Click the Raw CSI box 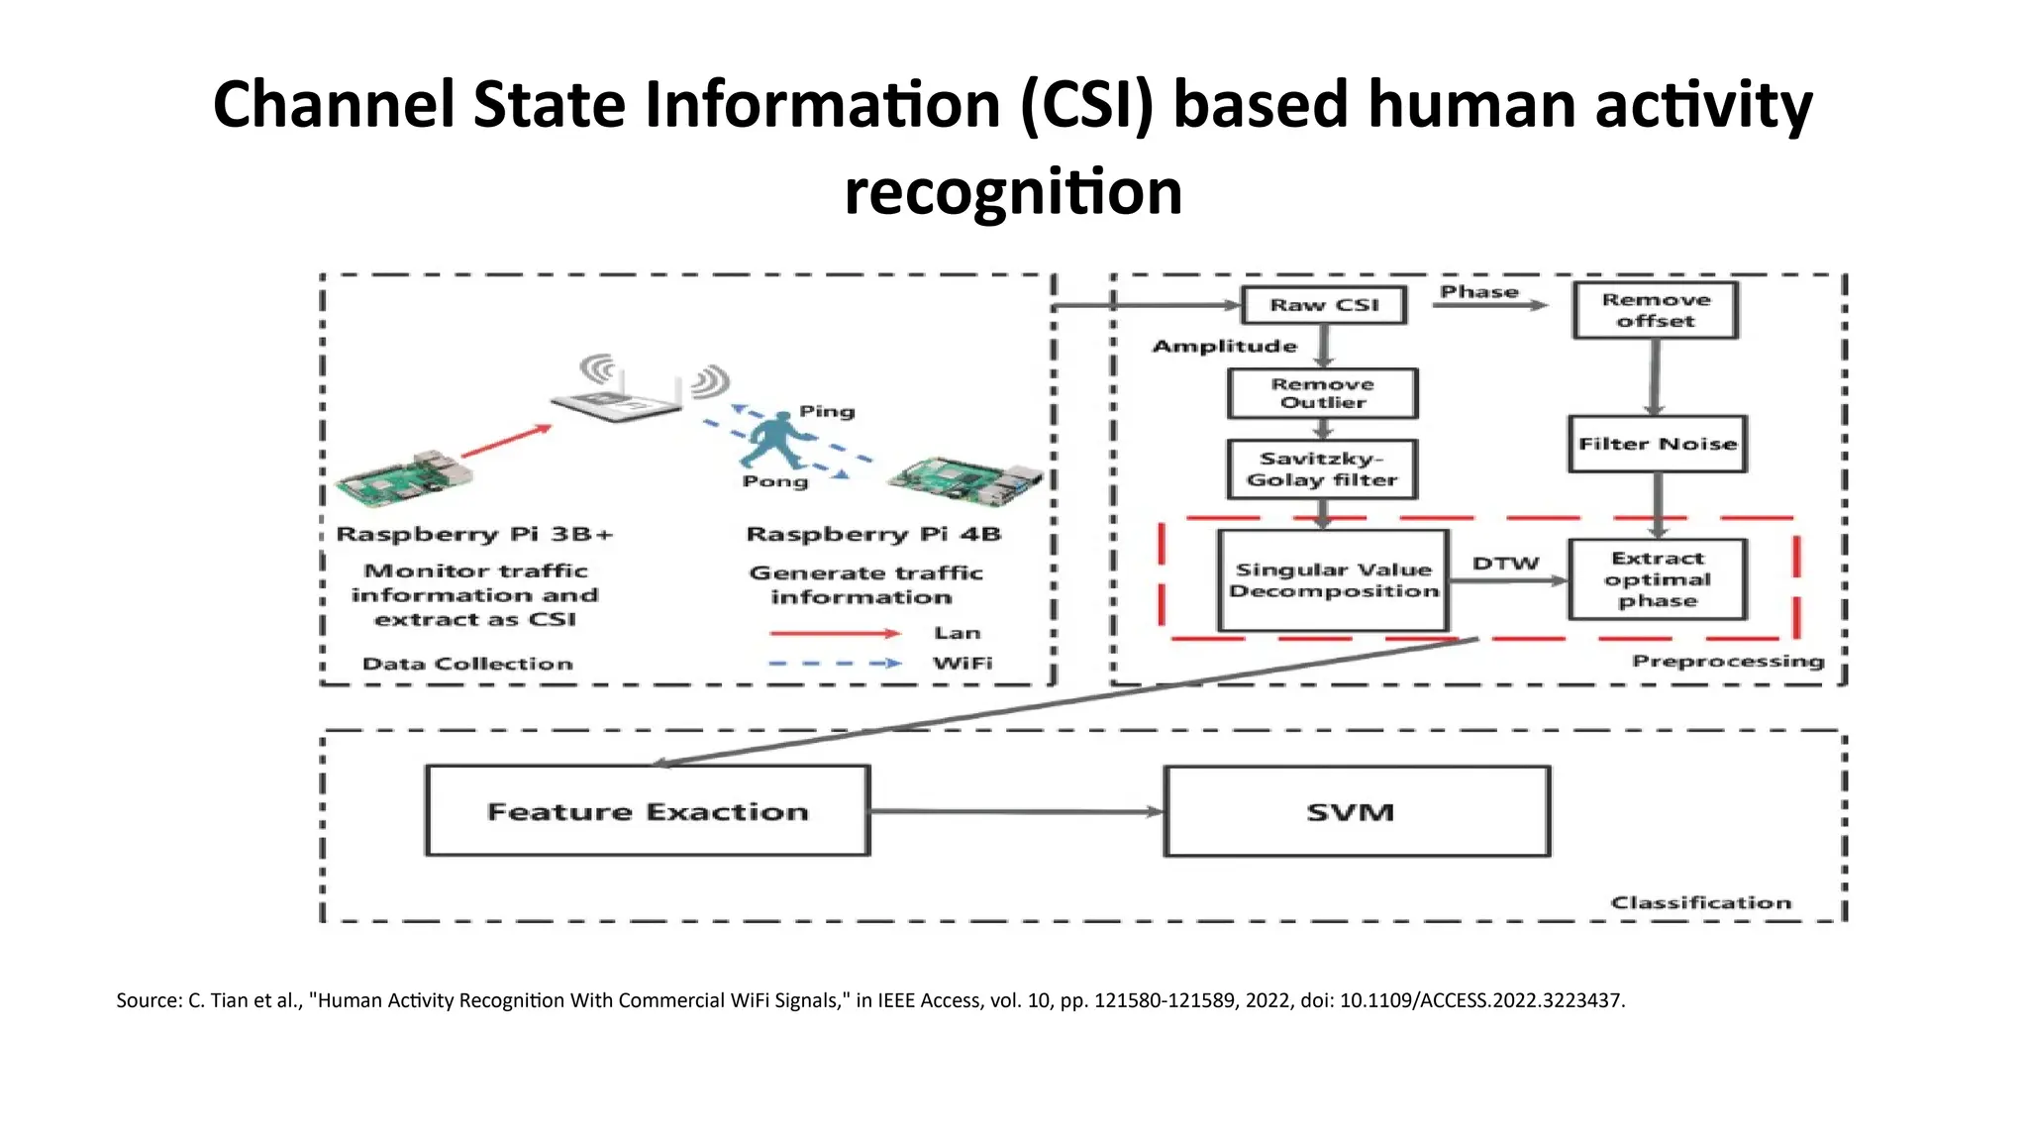point(1324,305)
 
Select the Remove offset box point(1655,310)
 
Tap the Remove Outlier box point(1322,393)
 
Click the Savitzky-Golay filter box point(1322,469)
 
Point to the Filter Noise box point(1657,444)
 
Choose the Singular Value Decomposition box point(1333,580)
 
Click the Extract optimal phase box point(1657,579)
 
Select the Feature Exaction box point(648,811)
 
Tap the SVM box point(1356,811)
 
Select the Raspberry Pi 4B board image point(965,478)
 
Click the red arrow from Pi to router point(506,442)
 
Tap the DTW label point(1505,564)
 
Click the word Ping point(827,411)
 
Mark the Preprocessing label point(1727,661)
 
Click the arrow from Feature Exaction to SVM point(1016,811)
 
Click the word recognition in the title point(1013,191)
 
